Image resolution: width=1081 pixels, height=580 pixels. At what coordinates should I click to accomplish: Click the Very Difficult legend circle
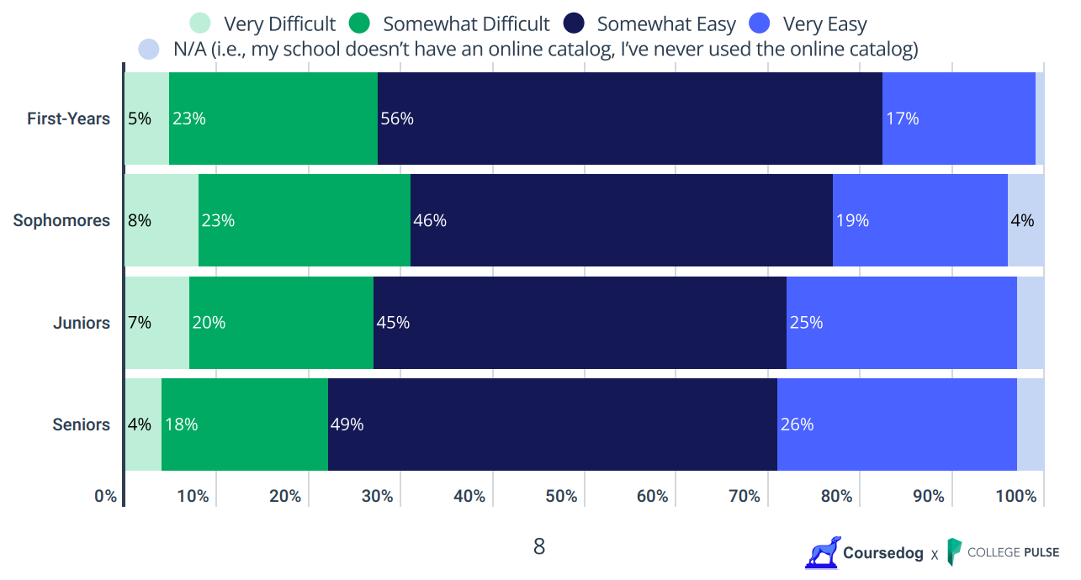coord(199,24)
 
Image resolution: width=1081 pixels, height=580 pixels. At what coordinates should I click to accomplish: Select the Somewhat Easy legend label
coord(666,24)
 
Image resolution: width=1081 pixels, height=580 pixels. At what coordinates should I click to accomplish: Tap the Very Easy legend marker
coord(760,24)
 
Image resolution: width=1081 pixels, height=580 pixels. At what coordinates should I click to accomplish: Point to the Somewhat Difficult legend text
coord(466,24)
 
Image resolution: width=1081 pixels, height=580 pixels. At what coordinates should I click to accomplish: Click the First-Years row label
coord(68,119)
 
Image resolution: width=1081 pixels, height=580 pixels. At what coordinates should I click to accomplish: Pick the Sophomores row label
coord(61,220)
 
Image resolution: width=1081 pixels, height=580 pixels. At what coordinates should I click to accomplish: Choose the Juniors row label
coord(81,323)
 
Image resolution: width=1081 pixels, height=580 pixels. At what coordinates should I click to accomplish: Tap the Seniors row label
coord(81,424)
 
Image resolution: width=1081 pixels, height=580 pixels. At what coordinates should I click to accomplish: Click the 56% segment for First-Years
coord(629,119)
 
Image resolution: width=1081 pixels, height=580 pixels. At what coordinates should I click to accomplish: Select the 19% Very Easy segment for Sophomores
coord(919,220)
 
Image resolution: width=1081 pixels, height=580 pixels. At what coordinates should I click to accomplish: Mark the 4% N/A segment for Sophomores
coord(1025,220)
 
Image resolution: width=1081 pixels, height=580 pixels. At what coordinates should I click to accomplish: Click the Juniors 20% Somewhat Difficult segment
coord(281,323)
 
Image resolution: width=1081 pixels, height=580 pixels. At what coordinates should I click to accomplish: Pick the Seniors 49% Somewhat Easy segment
coord(552,424)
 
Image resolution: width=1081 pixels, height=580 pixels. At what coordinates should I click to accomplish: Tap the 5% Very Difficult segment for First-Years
coord(146,119)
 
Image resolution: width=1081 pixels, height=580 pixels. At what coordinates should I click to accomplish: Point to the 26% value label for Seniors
coord(797,424)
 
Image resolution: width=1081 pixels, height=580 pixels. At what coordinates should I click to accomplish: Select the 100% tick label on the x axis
coord(1015,497)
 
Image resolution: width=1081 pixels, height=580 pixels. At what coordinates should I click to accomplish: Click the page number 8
coord(539,547)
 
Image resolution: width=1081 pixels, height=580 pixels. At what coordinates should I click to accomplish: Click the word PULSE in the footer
coord(1041,552)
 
